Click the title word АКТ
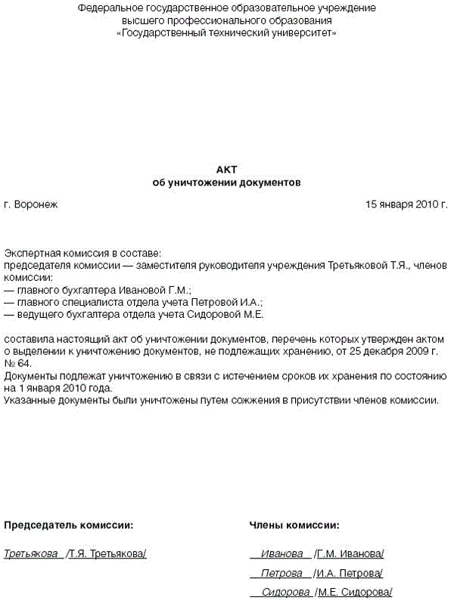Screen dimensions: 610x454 click(226, 171)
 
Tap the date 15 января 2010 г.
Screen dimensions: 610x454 click(406, 204)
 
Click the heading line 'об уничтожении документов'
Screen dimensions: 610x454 click(226, 183)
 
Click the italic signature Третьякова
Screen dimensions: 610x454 click(32, 554)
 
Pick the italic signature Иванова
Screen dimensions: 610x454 click(281, 554)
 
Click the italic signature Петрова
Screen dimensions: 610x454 click(281, 573)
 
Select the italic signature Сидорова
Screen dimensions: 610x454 click(285, 592)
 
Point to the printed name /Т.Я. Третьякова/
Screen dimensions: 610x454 click(106, 554)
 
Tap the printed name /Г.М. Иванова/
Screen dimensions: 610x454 click(350, 554)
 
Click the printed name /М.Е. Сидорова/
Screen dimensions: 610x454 click(353, 592)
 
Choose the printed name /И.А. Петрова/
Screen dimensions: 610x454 click(349, 573)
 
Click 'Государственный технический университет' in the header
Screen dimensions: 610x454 click(227, 33)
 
